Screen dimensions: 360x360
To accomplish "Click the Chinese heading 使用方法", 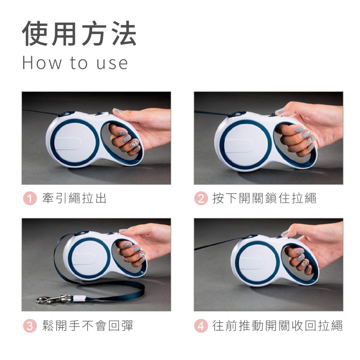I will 79,34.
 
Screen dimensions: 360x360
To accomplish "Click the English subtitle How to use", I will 75,63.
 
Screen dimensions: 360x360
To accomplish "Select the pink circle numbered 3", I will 30,326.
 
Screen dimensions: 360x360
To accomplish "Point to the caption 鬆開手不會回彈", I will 88,326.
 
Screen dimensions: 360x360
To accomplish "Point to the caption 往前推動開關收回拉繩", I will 278,326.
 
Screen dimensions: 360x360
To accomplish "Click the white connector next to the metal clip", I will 79,298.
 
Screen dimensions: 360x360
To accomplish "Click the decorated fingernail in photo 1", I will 134,143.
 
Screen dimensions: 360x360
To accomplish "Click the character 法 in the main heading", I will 123,34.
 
